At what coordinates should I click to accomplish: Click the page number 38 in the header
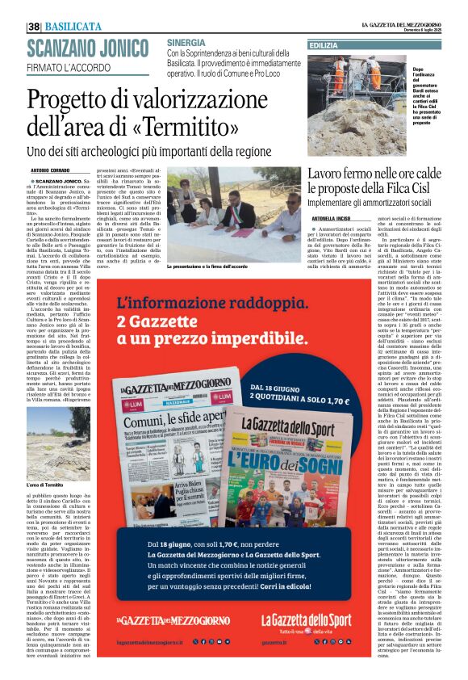(34, 27)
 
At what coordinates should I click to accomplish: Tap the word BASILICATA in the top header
(73, 27)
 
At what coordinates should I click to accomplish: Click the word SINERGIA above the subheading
(186, 41)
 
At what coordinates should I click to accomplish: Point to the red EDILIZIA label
(324, 46)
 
